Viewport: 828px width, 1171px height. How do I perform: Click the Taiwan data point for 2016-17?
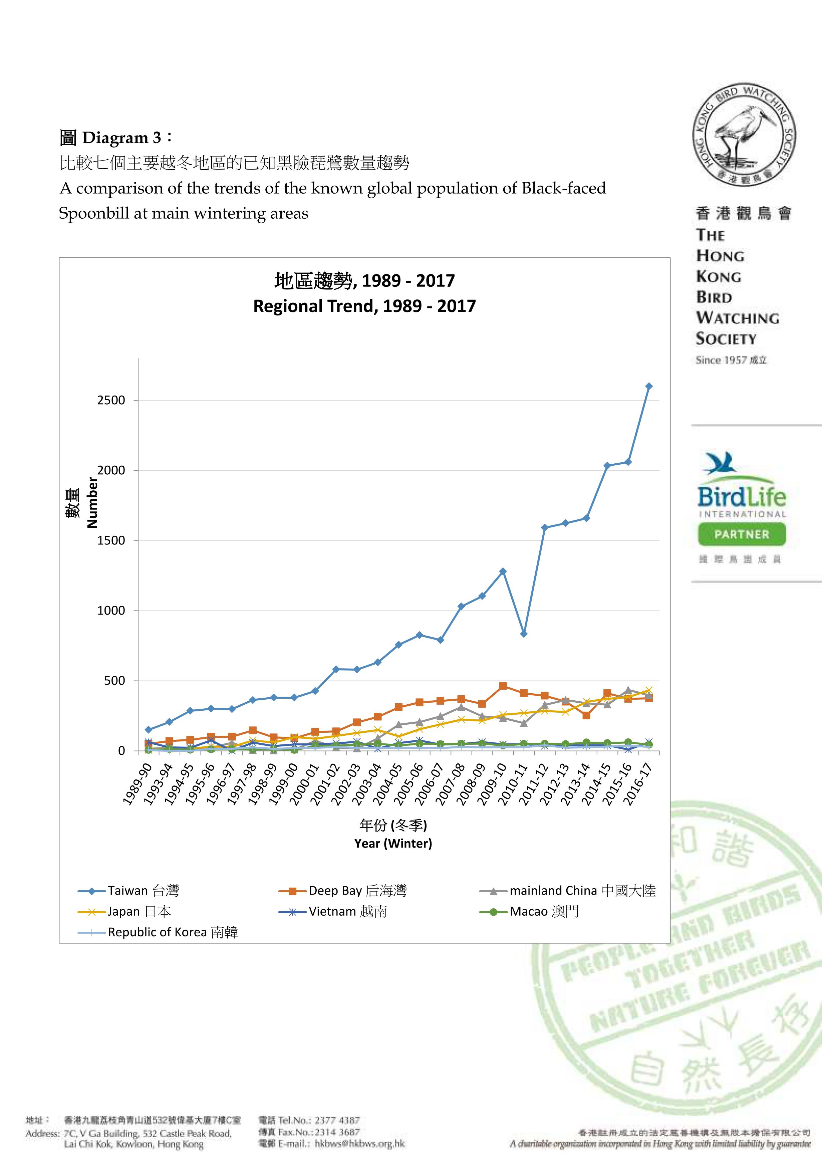coord(648,386)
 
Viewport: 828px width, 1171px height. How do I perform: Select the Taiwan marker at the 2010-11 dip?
coord(524,634)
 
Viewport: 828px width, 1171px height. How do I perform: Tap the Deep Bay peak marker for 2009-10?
coord(503,686)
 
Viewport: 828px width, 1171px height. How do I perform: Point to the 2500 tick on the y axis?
coord(111,400)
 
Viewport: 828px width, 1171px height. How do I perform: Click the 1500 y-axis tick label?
coord(111,541)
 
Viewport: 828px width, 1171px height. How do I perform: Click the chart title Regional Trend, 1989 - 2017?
coord(364,306)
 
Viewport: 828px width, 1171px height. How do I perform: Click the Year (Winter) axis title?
coord(393,844)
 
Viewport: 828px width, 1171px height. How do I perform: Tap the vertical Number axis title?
coord(92,502)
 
